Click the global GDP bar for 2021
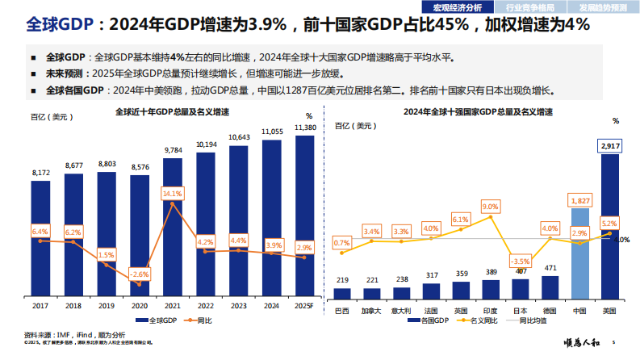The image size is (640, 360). pyautogui.click(x=173, y=234)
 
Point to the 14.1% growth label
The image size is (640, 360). pyautogui.click(x=173, y=194)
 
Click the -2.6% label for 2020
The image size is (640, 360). pyautogui.click(x=140, y=274)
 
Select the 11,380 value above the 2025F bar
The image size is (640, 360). pyautogui.click(x=305, y=128)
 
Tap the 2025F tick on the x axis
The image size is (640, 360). pyautogui.click(x=304, y=305)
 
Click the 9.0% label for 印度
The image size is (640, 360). pyautogui.click(x=491, y=207)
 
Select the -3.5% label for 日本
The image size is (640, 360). pyautogui.click(x=521, y=262)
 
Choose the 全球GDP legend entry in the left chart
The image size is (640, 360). pyautogui.click(x=161, y=320)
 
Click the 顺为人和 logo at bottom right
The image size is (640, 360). pyautogui.click(x=580, y=345)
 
